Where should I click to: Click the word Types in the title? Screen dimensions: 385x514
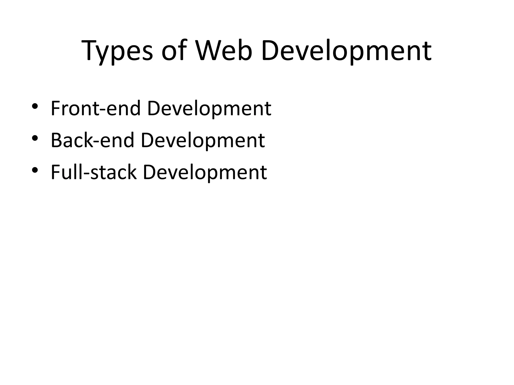click(117, 51)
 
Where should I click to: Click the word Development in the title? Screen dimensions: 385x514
click(346, 51)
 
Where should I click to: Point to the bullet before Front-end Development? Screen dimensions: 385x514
click(35, 106)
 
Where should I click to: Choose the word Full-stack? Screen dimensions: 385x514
click(94, 172)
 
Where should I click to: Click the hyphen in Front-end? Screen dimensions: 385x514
click(103, 110)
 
